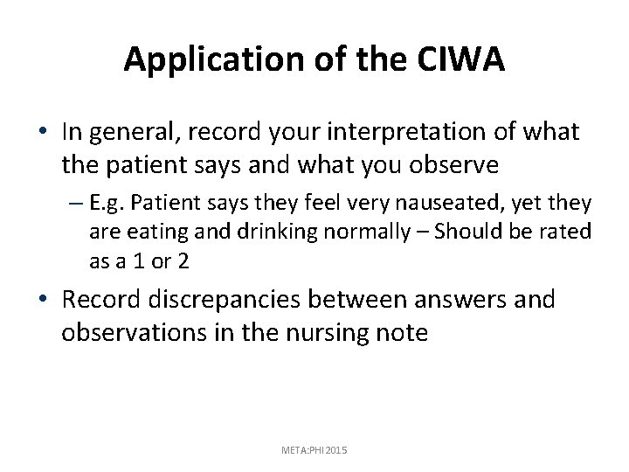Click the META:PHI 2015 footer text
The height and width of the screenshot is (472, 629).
point(314,449)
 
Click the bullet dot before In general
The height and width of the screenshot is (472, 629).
point(44,133)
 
